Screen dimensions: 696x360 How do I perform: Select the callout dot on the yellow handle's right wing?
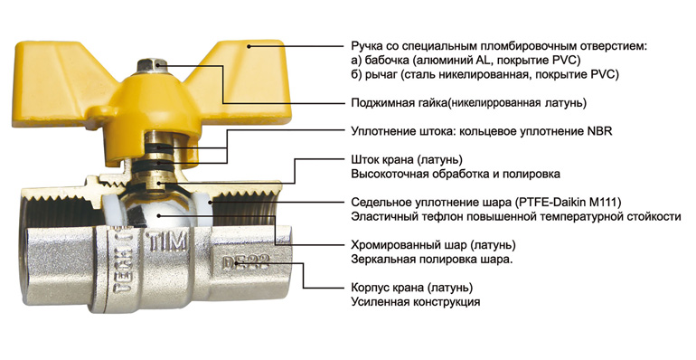pos(249,46)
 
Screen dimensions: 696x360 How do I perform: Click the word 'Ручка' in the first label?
pos(364,46)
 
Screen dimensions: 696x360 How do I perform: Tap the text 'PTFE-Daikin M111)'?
pos(568,203)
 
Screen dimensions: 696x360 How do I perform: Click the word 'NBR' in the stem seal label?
pos(600,132)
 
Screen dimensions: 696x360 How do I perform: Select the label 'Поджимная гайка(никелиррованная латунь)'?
pos(469,103)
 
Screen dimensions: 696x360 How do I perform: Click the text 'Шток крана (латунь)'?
pos(407,159)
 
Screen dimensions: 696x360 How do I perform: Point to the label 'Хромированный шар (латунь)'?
pos(433,245)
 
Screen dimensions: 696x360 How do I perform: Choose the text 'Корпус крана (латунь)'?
pos(412,288)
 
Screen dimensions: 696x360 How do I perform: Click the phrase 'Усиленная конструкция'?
pos(416,302)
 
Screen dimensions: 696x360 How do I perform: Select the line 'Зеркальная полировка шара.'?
pos(432,260)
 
